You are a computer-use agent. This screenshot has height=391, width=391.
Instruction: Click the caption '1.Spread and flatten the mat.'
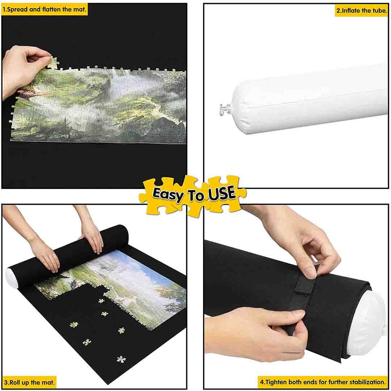click(x=44, y=10)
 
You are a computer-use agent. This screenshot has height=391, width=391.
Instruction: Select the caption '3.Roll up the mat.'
click(x=29, y=382)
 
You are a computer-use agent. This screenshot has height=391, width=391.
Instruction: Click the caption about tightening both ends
click(x=323, y=382)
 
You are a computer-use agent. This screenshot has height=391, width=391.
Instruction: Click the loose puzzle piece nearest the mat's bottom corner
click(x=121, y=359)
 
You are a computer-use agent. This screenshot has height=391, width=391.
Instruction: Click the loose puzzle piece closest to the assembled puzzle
click(x=101, y=301)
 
